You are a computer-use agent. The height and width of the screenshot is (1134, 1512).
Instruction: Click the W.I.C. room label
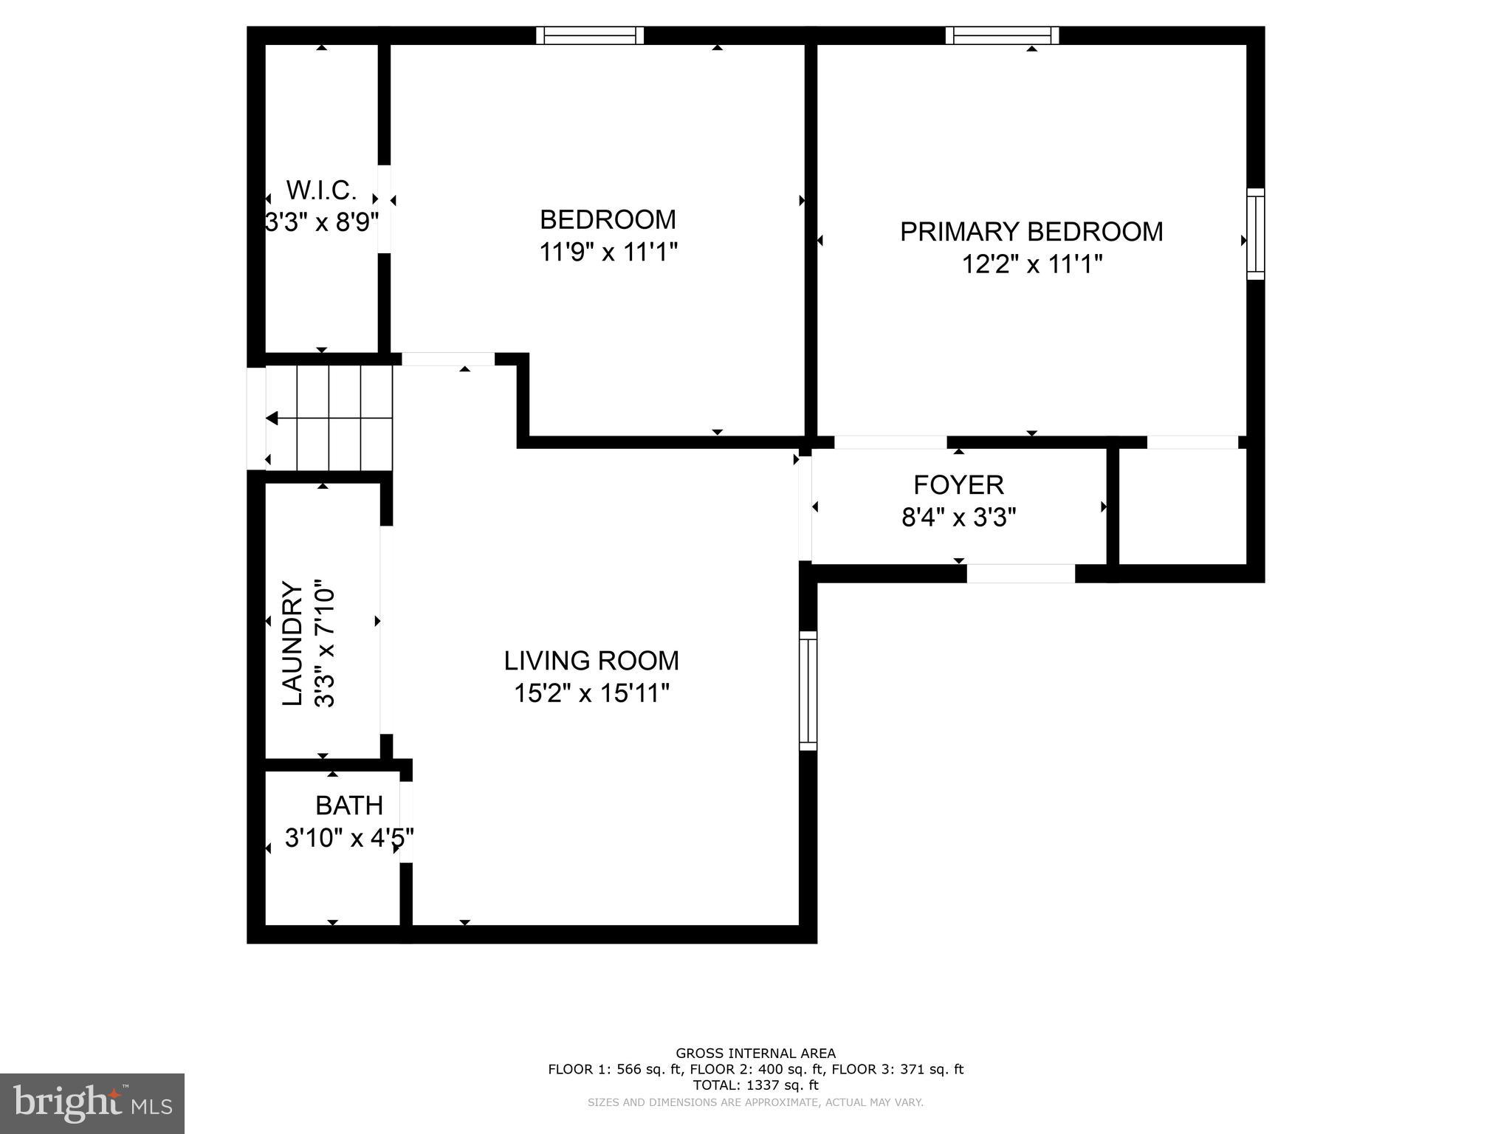(321, 190)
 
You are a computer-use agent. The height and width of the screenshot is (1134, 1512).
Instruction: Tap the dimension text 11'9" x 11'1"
(608, 252)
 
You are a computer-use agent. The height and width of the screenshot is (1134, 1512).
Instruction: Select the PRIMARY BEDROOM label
(1031, 232)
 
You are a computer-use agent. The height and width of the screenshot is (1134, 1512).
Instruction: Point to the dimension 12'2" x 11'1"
(1031, 264)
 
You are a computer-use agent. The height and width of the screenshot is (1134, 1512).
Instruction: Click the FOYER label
(958, 485)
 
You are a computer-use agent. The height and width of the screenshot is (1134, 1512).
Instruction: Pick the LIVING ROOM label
(591, 661)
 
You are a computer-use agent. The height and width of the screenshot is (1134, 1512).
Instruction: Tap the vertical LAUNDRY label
(293, 644)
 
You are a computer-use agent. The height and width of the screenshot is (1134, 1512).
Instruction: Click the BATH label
(348, 805)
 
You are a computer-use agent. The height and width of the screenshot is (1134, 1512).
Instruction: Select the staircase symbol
(329, 418)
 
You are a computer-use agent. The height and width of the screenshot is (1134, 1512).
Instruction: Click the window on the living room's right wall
(808, 690)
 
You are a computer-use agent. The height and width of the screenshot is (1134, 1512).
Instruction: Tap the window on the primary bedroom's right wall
(1255, 234)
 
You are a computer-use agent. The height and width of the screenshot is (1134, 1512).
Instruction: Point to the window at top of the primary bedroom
(1002, 35)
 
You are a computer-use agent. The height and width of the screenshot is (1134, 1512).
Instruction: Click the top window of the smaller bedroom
(590, 35)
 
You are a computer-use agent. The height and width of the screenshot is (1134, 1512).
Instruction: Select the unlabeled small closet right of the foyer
(1183, 506)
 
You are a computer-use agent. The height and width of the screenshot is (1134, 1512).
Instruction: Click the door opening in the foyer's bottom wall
(1020, 574)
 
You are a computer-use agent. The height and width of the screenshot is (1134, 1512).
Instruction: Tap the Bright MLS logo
(92, 1103)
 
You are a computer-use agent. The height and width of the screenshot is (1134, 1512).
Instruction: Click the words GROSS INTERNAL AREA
(755, 1054)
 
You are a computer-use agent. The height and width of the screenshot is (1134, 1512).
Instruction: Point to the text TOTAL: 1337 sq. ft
(755, 1085)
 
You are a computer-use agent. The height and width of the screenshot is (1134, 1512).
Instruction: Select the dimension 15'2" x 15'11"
(591, 693)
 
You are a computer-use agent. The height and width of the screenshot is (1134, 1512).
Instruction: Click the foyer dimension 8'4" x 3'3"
(958, 518)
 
